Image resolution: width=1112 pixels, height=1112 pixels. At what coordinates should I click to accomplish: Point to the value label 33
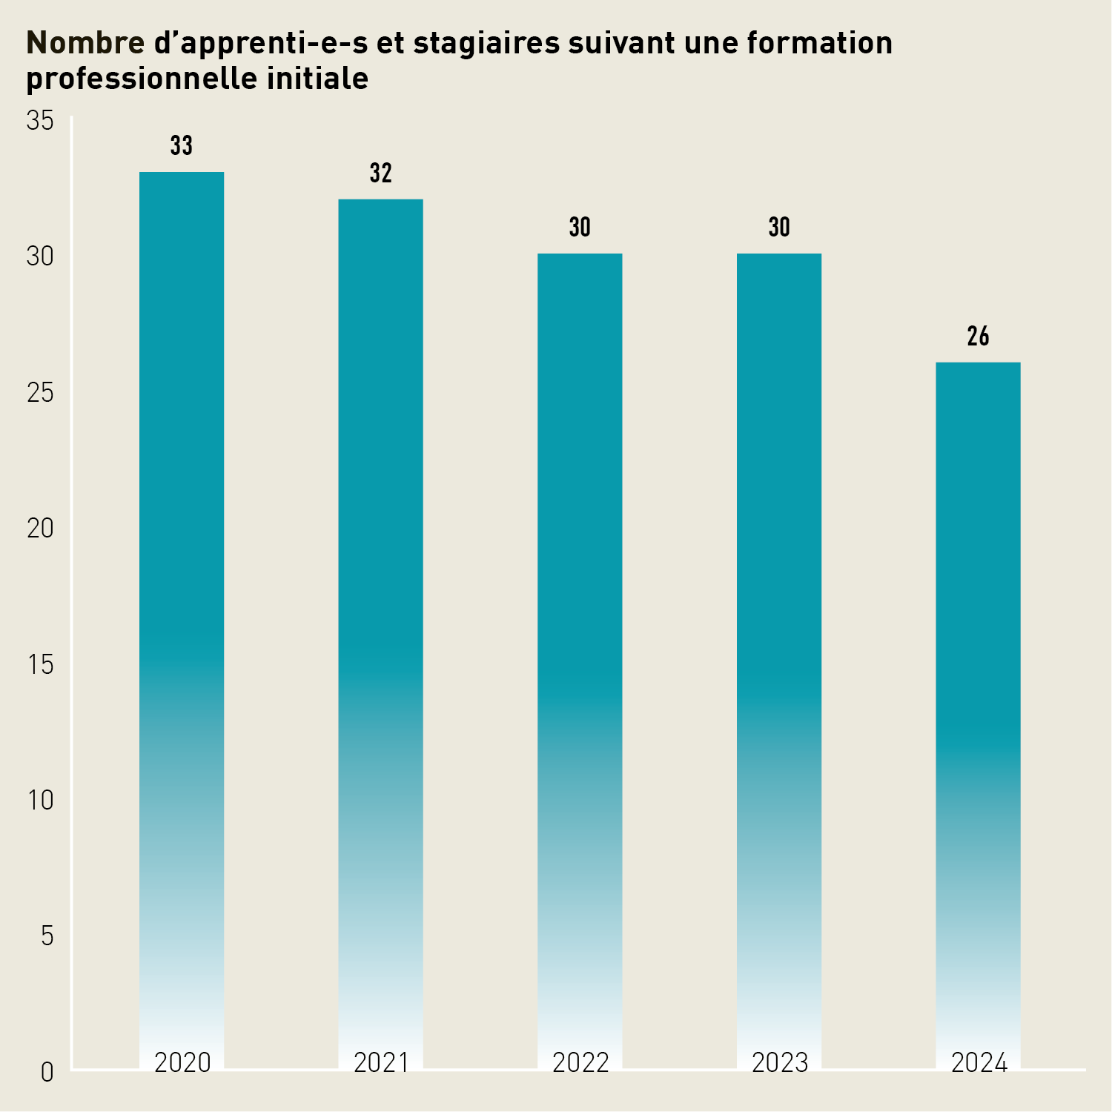point(182,146)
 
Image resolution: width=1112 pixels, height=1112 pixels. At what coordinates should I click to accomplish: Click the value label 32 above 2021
point(380,173)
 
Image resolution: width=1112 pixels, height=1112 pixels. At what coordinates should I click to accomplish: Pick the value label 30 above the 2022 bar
point(580,228)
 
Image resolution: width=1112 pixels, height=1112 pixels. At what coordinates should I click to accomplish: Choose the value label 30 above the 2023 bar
point(779,228)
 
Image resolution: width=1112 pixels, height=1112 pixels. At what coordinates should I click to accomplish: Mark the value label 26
point(978,337)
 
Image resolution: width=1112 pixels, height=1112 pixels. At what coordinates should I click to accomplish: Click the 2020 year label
point(182,1062)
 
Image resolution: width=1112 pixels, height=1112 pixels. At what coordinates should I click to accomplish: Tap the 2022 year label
point(580,1062)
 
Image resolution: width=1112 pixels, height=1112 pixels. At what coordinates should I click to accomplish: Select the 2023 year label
point(780,1062)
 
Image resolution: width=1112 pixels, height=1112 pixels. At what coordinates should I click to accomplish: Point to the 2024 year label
point(979,1062)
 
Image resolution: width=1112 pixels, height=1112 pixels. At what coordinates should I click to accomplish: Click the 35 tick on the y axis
point(41,121)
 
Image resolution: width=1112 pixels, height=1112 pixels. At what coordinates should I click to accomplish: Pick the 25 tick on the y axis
point(41,393)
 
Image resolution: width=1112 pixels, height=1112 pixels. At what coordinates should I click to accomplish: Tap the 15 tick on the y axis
point(41,665)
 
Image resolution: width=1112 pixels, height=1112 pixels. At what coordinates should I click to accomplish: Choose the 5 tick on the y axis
point(47,936)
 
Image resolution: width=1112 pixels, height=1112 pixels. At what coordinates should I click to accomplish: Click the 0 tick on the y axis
point(47,1072)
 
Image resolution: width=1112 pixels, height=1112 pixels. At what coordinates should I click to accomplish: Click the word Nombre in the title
point(85,43)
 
